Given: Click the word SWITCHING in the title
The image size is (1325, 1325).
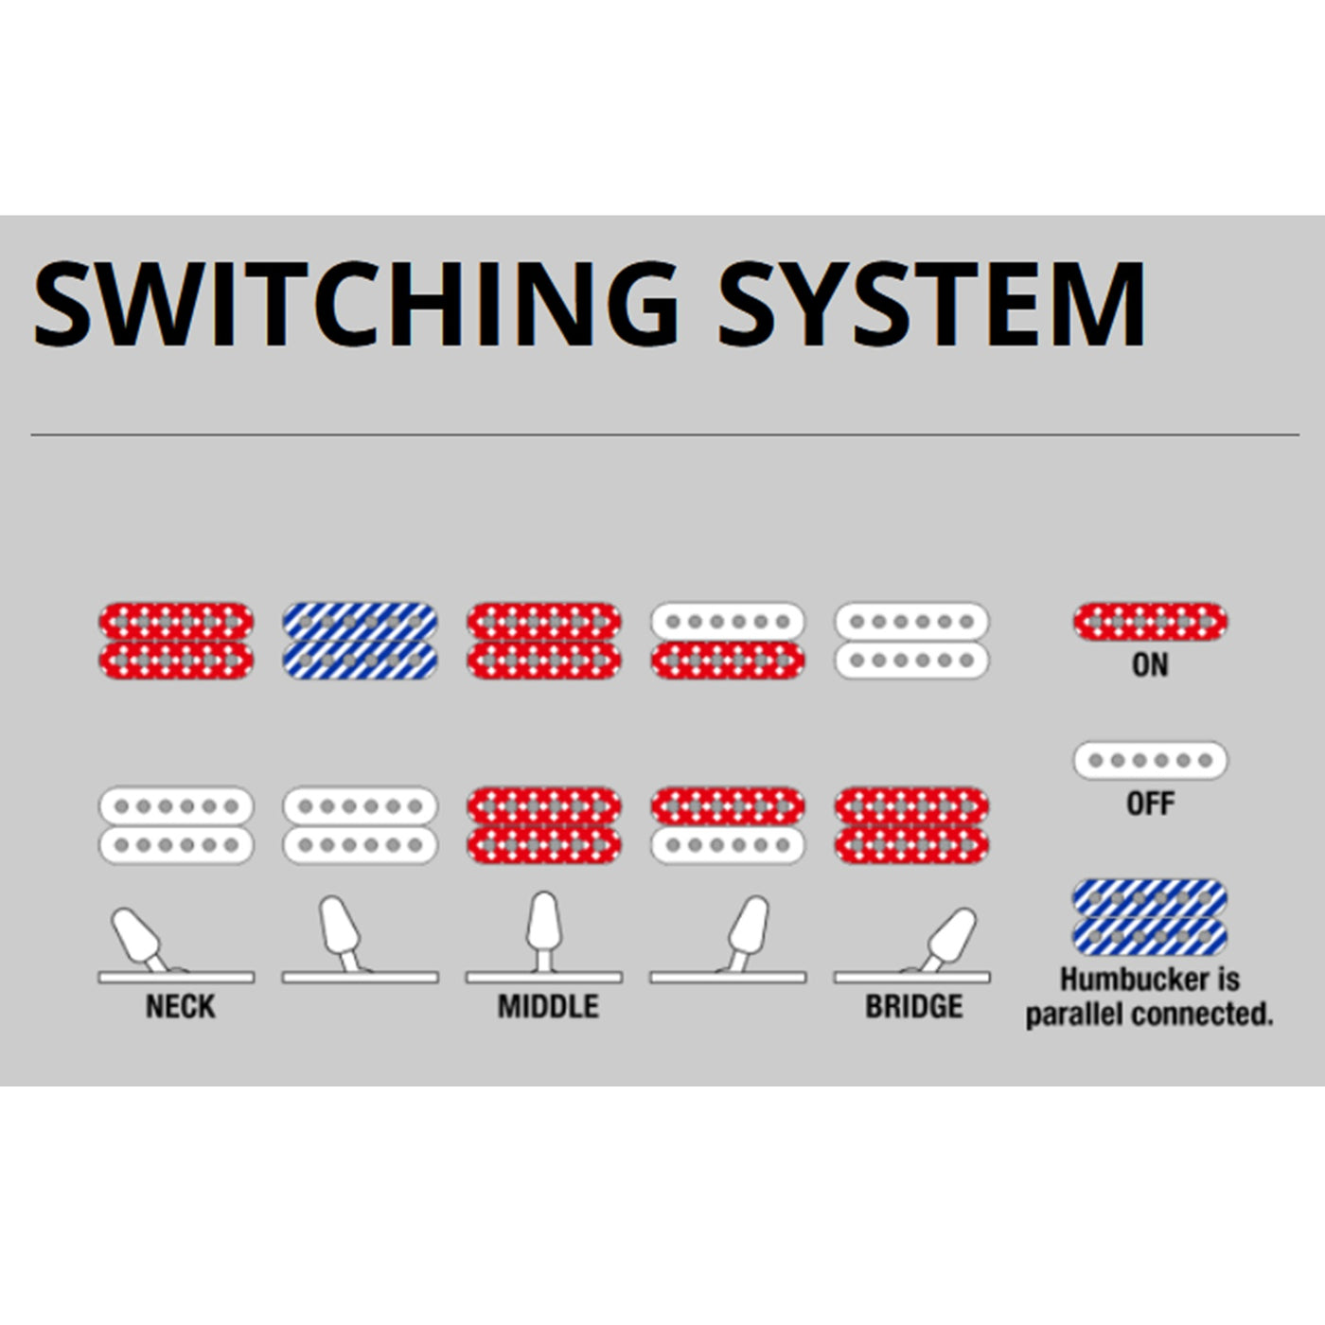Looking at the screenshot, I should pyautogui.click(x=356, y=305).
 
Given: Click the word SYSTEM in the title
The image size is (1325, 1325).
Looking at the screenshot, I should pyautogui.click(x=931, y=305).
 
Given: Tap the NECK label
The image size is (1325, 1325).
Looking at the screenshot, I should pyautogui.click(x=180, y=1006).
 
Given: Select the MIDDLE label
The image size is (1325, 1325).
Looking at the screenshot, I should pyautogui.click(x=548, y=1006).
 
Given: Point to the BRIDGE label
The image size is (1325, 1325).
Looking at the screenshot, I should pyautogui.click(x=913, y=1006).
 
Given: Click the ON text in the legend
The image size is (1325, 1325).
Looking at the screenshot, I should pyautogui.click(x=1150, y=665).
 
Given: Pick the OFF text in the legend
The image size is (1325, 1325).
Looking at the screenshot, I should pyautogui.click(x=1150, y=804).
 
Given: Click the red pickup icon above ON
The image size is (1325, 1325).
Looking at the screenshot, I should pyautogui.click(x=1150, y=622).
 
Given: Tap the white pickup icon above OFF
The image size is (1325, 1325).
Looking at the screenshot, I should pyautogui.click(x=1150, y=760).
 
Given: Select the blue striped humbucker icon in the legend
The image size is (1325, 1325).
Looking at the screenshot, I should pyautogui.click(x=1150, y=917).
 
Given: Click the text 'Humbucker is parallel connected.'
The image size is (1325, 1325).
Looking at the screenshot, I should pyautogui.click(x=1150, y=997).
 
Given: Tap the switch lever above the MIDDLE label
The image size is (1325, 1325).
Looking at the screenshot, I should pyautogui.click(x=543, y=927).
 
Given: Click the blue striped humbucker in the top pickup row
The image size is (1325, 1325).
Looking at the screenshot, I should pyautogui.click(x=360, y=641).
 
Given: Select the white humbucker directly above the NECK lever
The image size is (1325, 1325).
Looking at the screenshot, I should pyautogui.click(x=176, y=825).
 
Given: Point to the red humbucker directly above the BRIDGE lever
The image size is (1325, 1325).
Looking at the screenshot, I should pyautogui.click(x=911, y=825).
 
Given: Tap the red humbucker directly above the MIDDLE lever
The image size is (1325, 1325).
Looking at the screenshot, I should pyautogui.click(x=543, y=825).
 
